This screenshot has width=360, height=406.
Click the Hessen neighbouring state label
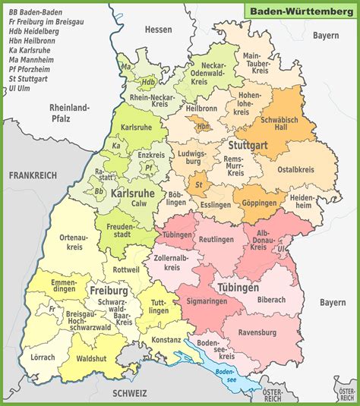pos(159,30)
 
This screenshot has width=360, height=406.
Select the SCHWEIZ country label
pos(129,393)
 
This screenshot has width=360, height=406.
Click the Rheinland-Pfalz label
pos(69,113)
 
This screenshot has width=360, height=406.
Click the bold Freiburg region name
pos(108,290)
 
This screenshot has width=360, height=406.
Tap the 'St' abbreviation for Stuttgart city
pos(199,184)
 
